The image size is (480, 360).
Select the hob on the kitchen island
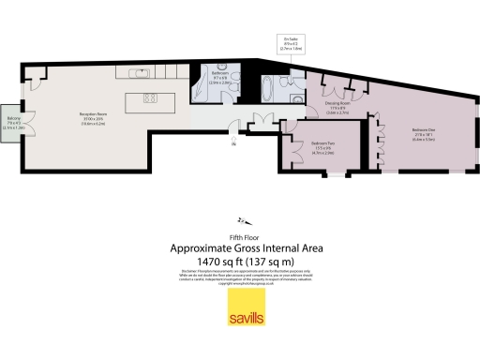(x=150, y=97)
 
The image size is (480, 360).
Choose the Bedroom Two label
(x=311, y=144)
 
